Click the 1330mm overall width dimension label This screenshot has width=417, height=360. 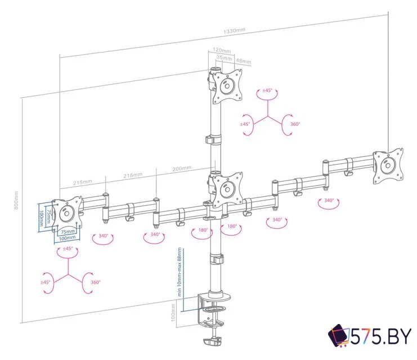click(x=234, y=31)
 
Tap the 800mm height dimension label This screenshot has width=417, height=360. click(x=16, y=200)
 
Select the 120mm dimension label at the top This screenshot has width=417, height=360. click(x=222, y=50)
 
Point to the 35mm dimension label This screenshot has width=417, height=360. click(x=224, y=57)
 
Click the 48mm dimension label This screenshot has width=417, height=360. click(x=244, y=61)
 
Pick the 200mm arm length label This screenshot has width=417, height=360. click(x=182, y=169)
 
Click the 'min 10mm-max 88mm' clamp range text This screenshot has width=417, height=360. click(x=180, y=272)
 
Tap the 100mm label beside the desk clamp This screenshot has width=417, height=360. click(x=173, y=313)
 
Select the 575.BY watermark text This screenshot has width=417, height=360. click(x=381, y=337)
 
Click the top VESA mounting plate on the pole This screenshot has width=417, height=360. click(x=228, y=86)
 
